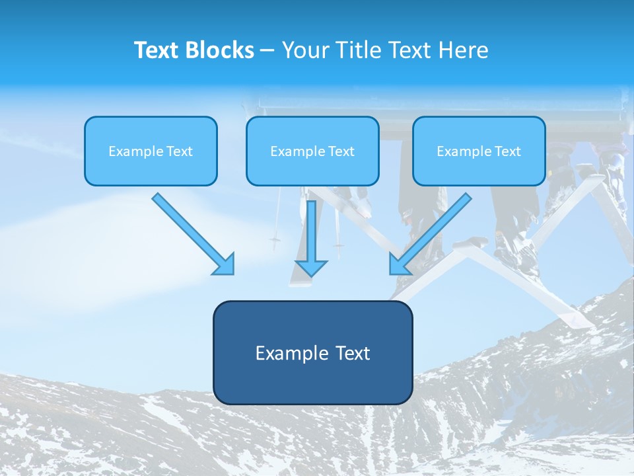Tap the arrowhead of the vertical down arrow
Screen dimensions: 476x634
tap(311, 267)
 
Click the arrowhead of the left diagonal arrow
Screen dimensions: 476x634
tap(225, 264)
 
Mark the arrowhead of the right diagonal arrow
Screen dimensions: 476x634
tap(399, 264)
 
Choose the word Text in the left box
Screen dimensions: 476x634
tap(179, 151)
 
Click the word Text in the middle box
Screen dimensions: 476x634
tap(341, 151)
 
